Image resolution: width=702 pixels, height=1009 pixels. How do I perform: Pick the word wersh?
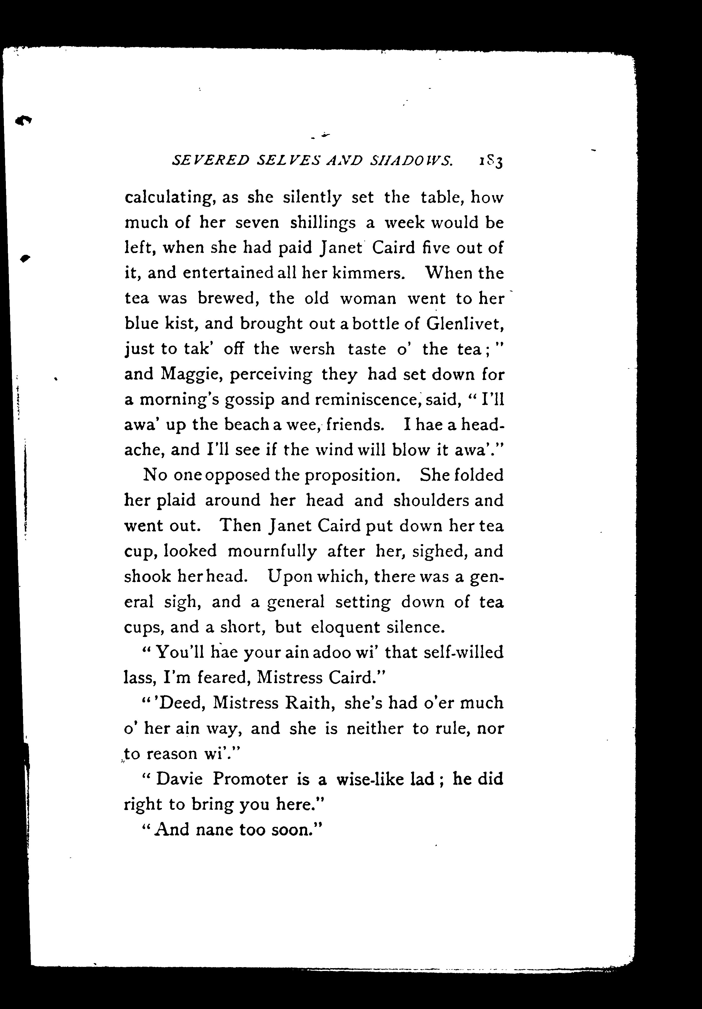(312, 349)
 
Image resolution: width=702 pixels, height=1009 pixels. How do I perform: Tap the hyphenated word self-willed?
(463, 652)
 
